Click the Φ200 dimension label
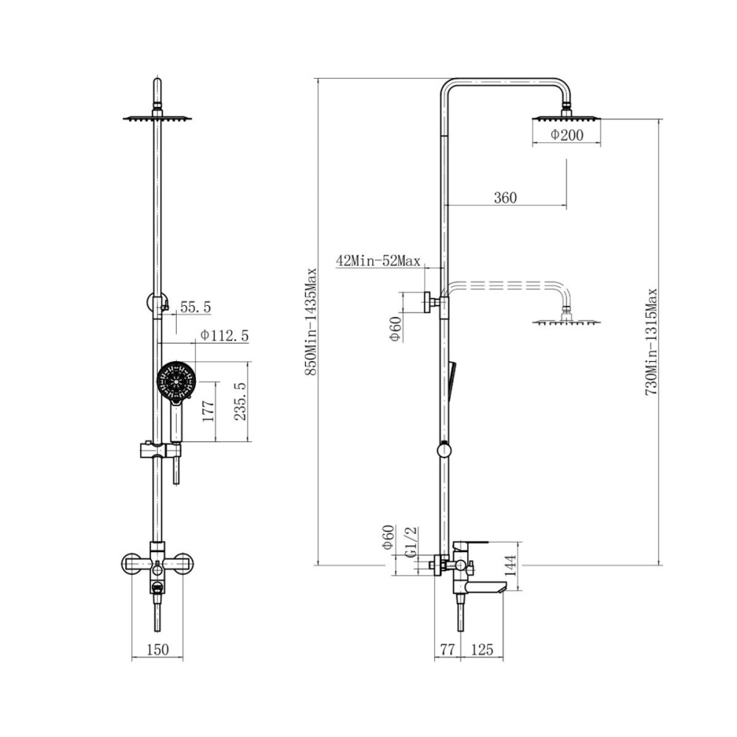pos(566,135)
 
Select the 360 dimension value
pos(506,198)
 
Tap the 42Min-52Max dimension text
pos(378,260)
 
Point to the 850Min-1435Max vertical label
pos(310,322)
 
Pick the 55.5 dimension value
pos(195,307)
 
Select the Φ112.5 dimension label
pos(224,335)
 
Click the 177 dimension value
pos(209,411)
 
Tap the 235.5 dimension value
pos(240,402)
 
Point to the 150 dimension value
pos(158,649)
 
